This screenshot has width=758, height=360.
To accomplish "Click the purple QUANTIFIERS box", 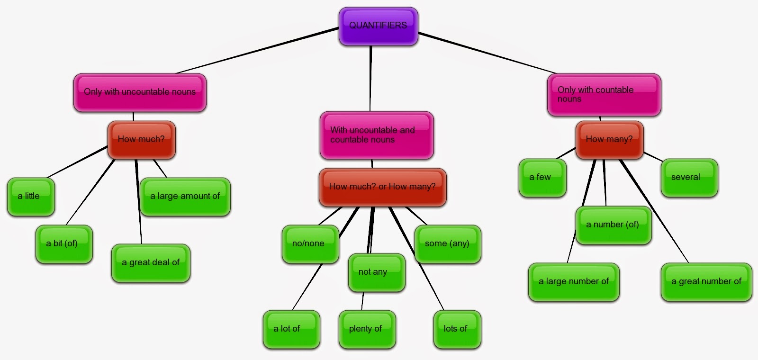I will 378,26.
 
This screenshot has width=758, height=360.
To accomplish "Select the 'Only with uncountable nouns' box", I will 140,92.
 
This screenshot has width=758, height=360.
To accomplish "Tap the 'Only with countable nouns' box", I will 604,95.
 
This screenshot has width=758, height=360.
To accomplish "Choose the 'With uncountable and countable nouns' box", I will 377,135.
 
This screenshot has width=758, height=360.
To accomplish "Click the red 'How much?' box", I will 142,140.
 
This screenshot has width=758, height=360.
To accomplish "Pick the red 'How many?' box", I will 609,140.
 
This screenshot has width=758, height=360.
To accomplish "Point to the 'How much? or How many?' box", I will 382,187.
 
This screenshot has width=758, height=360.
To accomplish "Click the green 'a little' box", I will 31,197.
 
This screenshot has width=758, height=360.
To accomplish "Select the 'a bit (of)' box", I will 64,244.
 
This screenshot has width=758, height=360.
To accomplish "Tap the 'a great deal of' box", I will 151,263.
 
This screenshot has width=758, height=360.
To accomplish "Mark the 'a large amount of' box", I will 185,197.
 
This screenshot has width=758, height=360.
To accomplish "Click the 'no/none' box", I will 310,244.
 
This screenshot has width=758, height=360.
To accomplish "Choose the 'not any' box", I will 376,272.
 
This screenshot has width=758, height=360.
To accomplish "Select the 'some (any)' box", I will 448,244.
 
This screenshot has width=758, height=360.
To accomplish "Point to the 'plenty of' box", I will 367,329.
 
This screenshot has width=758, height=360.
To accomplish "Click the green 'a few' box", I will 542,178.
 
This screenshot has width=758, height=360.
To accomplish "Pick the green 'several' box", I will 689,178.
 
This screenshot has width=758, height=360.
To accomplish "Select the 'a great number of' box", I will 706,282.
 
